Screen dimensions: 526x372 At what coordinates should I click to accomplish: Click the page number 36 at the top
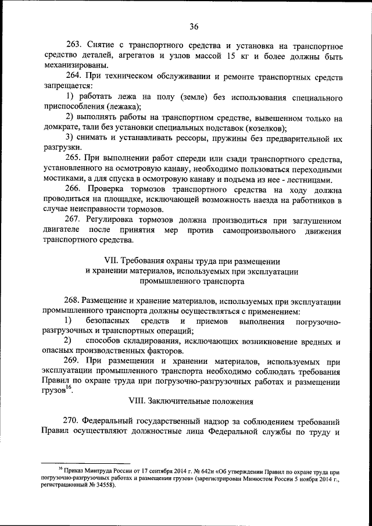(194, 26)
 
